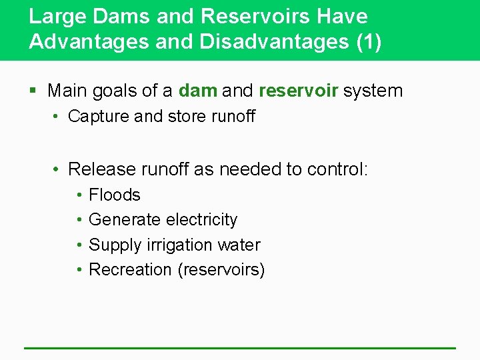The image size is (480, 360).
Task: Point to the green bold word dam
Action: click(x=198, y=91)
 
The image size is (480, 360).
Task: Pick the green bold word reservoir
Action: click(x=298, y=91)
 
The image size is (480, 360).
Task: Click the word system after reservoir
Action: click(x=373, y=91)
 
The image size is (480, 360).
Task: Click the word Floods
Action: click(x=115, y=195)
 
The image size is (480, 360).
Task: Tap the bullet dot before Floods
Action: click(x=79, y=195)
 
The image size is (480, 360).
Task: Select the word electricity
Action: click(x=201, y=220)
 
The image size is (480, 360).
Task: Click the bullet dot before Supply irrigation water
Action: click(x=79, y=245)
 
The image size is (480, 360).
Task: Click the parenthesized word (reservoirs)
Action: click(x=221, y=270)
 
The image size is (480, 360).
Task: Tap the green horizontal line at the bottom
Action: click(x=240, y=347)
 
